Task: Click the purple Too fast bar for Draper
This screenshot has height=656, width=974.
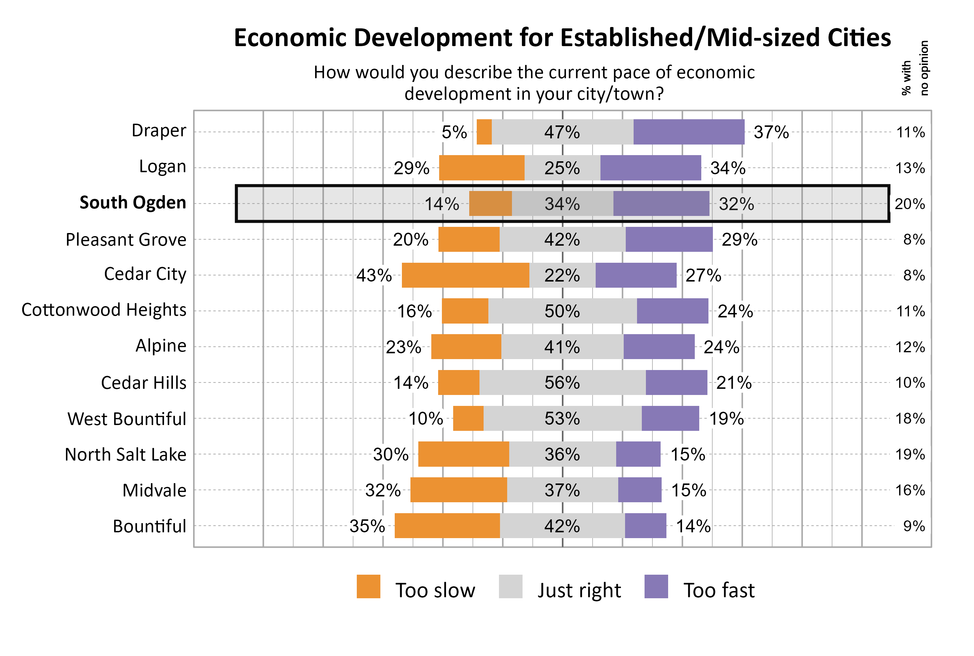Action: click(689, 132)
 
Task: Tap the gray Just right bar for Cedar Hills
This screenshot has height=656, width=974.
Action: click(523, 382)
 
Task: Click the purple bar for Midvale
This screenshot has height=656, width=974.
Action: click(640, 490)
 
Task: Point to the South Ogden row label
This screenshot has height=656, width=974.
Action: click(133, 203)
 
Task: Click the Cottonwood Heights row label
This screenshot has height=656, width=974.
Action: click(104, 310)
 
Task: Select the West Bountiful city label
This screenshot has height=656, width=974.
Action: click(127, 419)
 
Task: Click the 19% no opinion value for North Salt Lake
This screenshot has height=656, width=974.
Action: click(910, 454)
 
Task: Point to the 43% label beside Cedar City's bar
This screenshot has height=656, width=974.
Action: click(374, 276)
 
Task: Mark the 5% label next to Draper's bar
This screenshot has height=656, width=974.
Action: click(454, 133)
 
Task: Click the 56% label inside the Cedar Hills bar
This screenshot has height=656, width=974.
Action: click(562, 383)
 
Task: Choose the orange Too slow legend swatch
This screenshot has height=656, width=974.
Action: click(368, 587)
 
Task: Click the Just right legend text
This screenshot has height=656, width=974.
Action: click(579, 590)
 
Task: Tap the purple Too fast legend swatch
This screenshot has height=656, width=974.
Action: click(656, 587)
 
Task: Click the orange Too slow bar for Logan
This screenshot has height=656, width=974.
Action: click(482, 168)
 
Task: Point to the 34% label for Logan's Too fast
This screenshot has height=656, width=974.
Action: click(728, 168)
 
